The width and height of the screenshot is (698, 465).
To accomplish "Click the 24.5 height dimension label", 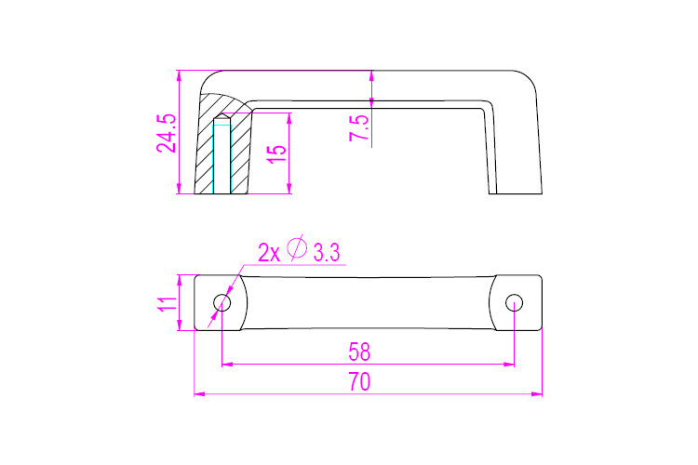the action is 167,134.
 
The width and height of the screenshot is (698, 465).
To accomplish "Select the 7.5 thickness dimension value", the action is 359,128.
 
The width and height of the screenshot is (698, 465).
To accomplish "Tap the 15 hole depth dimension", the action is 276,154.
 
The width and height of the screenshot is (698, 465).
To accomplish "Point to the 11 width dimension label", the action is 167,304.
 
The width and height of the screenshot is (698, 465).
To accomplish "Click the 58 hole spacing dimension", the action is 359,352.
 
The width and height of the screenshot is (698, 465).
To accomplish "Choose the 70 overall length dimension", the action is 359,382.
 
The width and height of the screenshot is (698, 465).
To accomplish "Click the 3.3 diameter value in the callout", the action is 327,253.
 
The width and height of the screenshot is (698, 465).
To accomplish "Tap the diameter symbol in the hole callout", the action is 297,248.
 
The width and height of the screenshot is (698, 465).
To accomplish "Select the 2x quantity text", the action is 269,253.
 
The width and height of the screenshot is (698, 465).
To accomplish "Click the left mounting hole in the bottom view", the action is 222,303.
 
